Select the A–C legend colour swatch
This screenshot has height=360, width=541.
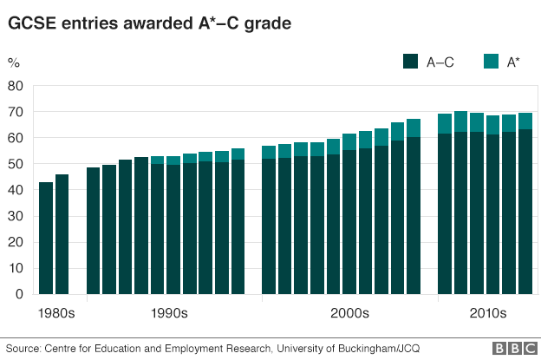click(x=410, y=61)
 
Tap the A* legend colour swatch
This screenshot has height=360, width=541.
click(x=490, y=61)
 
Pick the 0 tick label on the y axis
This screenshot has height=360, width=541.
click(x=19, y=294)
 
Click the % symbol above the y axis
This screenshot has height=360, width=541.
click(x=14, y=62)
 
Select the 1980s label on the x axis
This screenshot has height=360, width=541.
click(x=55, y=312)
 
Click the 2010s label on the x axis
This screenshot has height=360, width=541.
click(x=486, y=312)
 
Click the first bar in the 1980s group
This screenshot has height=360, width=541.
click(x=46, y=238)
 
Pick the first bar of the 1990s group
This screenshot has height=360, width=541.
click(x=94, y=231)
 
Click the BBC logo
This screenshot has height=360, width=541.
click(x=512, y=349)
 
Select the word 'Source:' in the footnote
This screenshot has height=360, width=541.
click(x=23, y=349)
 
